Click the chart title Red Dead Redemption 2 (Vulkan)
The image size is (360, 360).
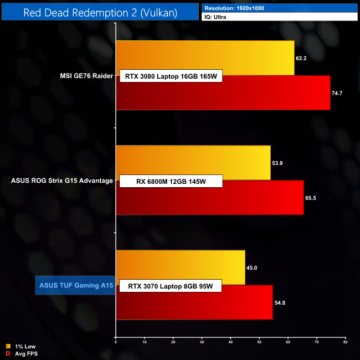click(100, 12)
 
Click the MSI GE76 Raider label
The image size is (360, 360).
click(87, 76)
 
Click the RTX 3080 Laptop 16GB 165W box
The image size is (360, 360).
click(171, 76)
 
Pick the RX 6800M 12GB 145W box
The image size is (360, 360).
click(171, 181)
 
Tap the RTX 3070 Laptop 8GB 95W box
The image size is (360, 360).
click(171, 286)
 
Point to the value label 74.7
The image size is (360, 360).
click(337, 93)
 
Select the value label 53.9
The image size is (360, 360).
click(278, 163)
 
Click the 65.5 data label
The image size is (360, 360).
click(311, 198)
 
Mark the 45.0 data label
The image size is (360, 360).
click(252, 268)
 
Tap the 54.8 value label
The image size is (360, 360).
click(280, 303)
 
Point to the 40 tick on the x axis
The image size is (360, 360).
click(230, 342)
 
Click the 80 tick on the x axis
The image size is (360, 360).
click(345, 342)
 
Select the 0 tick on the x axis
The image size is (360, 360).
click(116, 342)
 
